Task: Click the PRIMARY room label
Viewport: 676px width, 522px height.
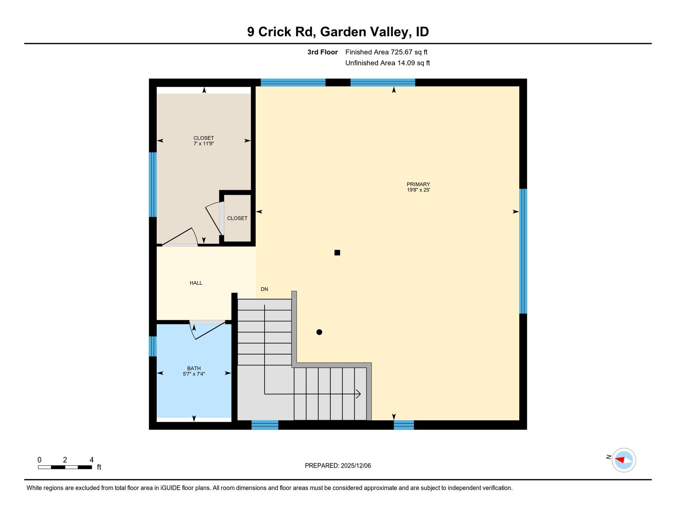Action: coord(418,185)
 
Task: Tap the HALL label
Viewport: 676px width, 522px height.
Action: coord(196,283)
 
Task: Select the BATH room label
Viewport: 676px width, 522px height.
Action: coord(194,368)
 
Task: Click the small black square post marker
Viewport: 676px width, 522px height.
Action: coord(337,253)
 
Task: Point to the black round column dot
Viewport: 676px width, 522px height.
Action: coord(319,332)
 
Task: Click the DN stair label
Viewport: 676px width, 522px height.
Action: coord(264,289)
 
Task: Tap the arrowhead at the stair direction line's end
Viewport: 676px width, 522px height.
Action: coord(358,394)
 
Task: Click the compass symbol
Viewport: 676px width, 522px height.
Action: coord(624,460)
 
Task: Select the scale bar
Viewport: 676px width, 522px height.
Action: coord(65,467)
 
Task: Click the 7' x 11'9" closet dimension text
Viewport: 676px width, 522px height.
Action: coord(204,144)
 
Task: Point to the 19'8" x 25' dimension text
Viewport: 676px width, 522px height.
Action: coord(418,190)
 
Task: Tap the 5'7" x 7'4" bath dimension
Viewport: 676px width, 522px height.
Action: coord(194,374)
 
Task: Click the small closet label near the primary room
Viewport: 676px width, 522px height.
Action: coord(237,218)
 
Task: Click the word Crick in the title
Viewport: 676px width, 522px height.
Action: coord(275,32)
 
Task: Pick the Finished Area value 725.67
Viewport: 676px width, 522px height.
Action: coord(402,52)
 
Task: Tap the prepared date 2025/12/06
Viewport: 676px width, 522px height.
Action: coord(356,465)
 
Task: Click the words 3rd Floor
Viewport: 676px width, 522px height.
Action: coord(322,52)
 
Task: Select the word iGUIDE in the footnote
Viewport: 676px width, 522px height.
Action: coord(170,488)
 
